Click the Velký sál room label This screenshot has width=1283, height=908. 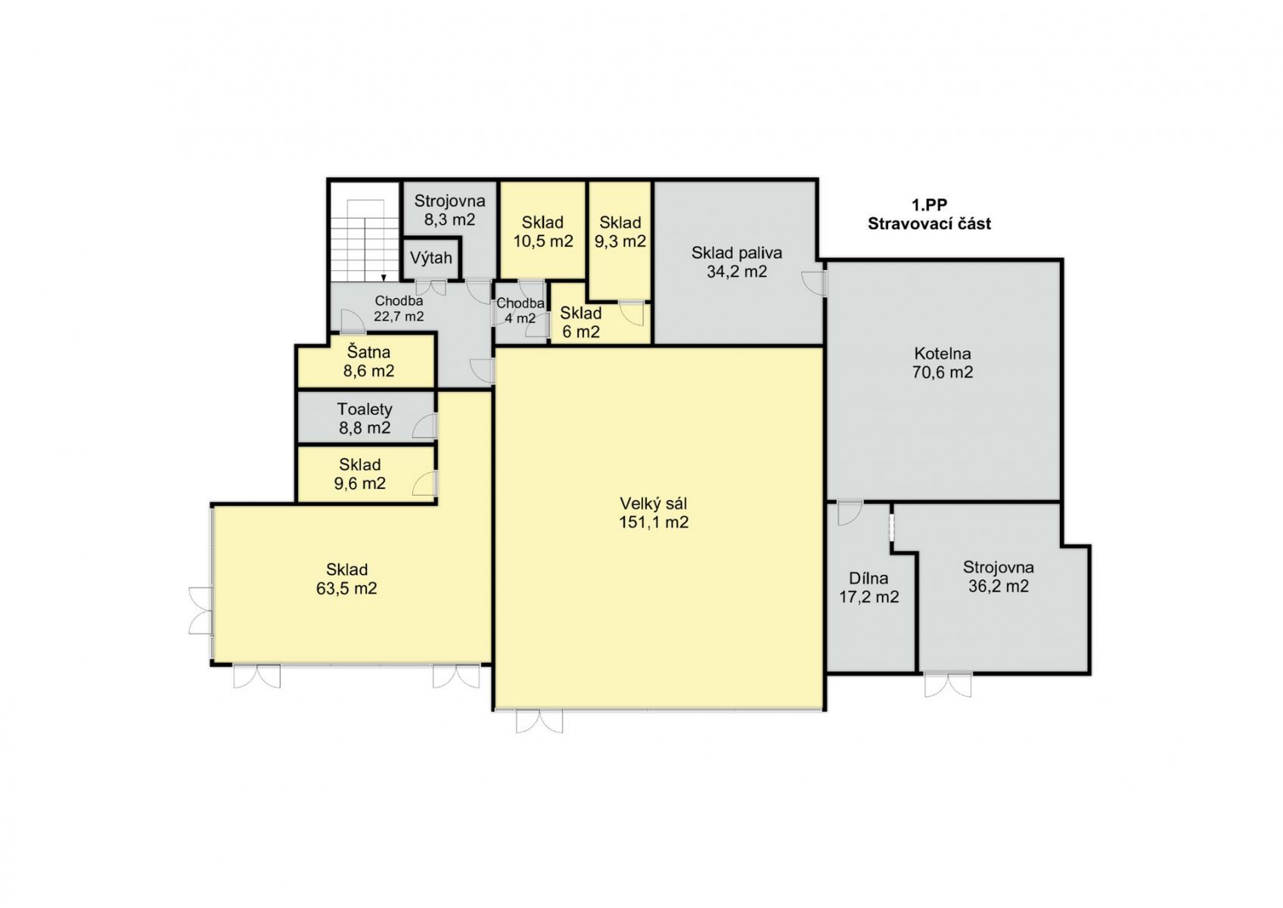654,513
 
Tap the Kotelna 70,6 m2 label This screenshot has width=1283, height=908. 943,362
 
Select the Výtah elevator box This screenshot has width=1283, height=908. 431,258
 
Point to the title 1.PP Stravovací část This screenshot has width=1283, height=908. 929,214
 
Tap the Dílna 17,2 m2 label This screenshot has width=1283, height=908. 869,588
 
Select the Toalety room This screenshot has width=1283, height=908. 365,417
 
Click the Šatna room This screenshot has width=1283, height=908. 365,361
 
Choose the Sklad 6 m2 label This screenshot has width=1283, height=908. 581,322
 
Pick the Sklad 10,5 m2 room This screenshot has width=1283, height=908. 543,230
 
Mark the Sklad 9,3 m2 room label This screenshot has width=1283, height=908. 620,232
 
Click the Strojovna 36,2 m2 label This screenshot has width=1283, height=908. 999,577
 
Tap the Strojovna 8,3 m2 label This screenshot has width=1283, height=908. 449,210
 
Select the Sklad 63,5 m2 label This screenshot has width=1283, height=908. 346,579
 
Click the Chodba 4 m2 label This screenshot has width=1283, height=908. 520,310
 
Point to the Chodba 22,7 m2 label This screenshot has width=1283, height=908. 399,308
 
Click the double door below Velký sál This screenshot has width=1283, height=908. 539,721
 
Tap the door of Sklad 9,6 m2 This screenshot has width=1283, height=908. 425,484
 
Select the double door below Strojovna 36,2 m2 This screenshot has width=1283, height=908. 948,685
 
